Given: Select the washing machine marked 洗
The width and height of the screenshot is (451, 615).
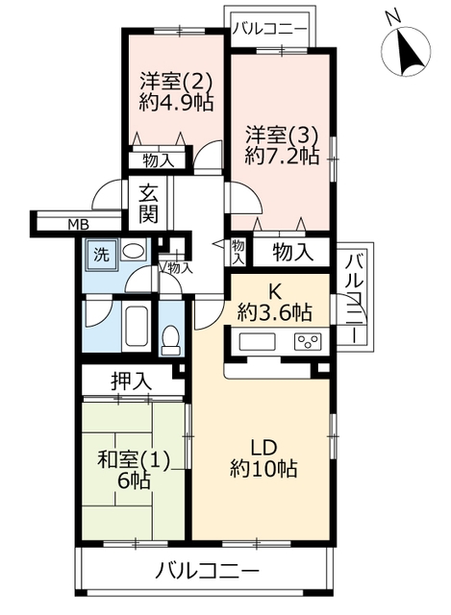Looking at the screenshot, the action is tap(101, 255).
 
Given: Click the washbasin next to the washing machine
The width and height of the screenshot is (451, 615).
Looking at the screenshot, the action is tap(133, 251).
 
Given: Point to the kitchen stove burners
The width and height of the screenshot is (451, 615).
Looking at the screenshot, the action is tap(308, 341).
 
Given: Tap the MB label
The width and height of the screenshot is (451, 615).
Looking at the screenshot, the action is tap(79, 225).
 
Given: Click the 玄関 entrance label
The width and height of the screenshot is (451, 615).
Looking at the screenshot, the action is tap(148, 204).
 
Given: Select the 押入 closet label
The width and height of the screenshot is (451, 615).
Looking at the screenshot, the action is tap(131, 381).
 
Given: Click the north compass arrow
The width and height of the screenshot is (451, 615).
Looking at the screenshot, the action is tap(409, 51).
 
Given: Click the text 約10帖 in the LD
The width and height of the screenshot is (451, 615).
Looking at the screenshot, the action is tap(263, 468).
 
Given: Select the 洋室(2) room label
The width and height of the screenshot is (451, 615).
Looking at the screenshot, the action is tap(177, 83).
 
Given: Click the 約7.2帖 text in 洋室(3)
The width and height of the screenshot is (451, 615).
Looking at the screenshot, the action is tap(282, 156).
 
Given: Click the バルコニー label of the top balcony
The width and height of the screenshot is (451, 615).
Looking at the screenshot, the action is tap(269, 29).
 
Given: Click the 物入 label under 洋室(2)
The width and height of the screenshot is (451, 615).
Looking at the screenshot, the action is tap(158, 160).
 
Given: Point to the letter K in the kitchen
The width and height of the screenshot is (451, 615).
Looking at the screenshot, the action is tap(274, 290).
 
